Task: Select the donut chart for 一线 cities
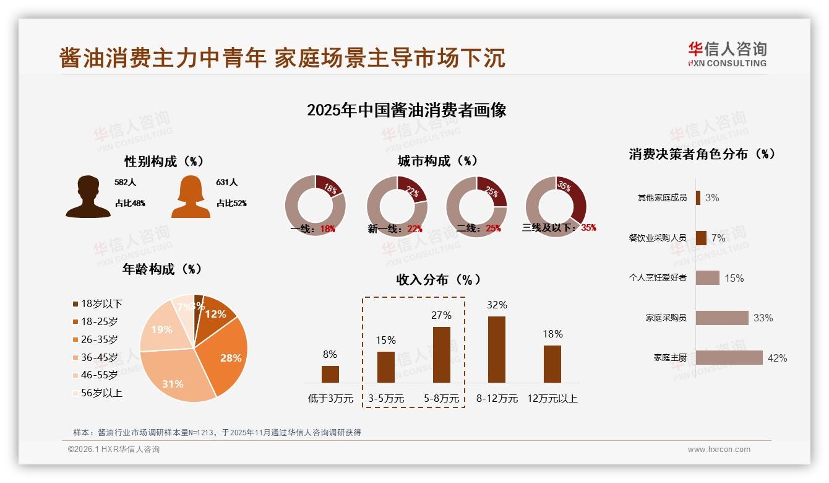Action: (316, 206)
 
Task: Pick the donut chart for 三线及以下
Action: (556, 206)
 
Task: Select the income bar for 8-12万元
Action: (497, 349)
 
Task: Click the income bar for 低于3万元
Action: (330, 374)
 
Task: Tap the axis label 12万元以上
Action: (552, 399)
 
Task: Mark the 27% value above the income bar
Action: (441, 316)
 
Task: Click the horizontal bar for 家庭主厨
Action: (729, 358)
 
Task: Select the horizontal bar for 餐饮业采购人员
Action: (701, 238)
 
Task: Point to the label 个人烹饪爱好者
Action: (658, 278)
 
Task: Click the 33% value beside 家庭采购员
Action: (763, 318)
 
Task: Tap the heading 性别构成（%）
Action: (164, 162)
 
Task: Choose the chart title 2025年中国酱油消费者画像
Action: (406, 110)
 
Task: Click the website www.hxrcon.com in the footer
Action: (719, 450)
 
